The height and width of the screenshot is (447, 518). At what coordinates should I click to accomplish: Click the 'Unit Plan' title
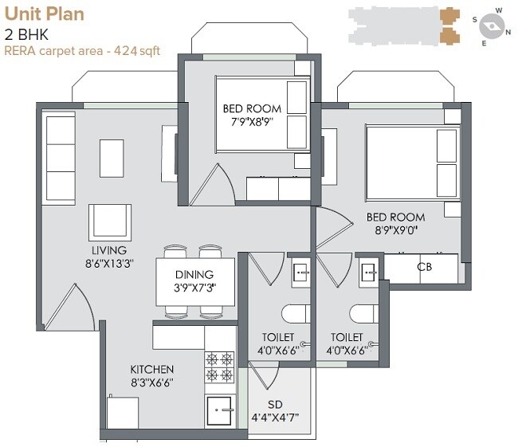pyautogui.click(x=44, y=14)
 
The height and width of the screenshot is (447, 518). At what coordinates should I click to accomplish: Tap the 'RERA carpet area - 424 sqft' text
pyautogui.click(x=82, y=51)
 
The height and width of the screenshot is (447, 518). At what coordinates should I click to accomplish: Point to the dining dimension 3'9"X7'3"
pyautogui.click(x=195, y=287)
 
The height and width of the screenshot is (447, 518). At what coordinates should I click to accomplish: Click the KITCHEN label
pyautogui.click(x=152, y=370)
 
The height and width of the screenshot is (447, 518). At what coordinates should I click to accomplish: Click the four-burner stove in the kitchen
pyautogui.click(x=221, y=367)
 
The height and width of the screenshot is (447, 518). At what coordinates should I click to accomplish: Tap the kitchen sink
pyautogui.click(x=221, y=411)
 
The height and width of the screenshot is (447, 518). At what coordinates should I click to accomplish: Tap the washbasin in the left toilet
pyautogui.click(x=300, y=271)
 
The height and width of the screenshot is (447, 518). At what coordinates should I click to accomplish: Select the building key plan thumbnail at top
pyautogui.click(x=405, y=26)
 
